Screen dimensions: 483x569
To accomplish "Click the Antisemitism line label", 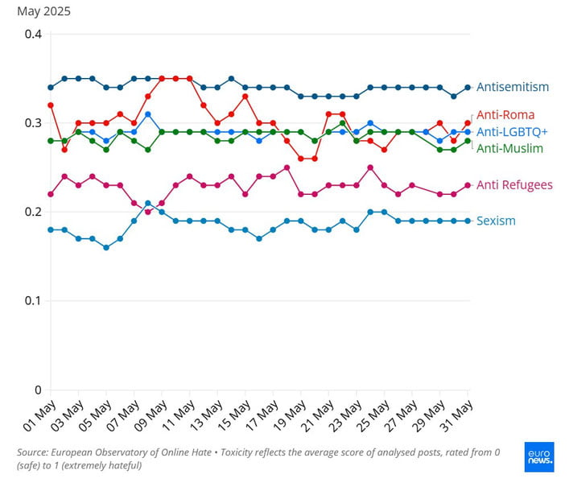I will [x=513, y=87].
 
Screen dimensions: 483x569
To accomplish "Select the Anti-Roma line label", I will [x=505, y=115].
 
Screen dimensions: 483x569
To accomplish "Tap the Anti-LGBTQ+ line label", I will [x=512, y=132].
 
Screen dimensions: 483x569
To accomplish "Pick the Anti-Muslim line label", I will [x=509, y=148].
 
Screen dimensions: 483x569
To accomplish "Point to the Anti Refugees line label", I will [x=514, y=185].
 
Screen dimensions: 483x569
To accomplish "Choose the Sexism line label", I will [x=496, y=221].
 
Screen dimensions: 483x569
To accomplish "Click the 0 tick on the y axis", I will [x=37, y=390].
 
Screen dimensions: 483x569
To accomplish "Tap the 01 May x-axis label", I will [x=39, y=416].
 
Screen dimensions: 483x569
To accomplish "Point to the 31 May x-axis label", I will [x=456, y=416].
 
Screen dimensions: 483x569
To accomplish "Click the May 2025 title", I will [x=43, y=11].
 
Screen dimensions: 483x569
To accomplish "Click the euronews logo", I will [x=538, y=456].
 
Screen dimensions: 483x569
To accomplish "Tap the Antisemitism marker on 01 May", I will [x=51, y=87].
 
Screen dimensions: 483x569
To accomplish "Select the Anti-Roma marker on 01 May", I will [x=51, y=105].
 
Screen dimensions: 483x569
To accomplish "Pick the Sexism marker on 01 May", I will [x=51, y=229].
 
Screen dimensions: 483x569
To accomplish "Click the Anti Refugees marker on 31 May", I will [x=468, y=185].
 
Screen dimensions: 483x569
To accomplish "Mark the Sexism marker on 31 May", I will [x=468, y=221].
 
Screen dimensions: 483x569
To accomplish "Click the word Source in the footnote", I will [x=34, y=452].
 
